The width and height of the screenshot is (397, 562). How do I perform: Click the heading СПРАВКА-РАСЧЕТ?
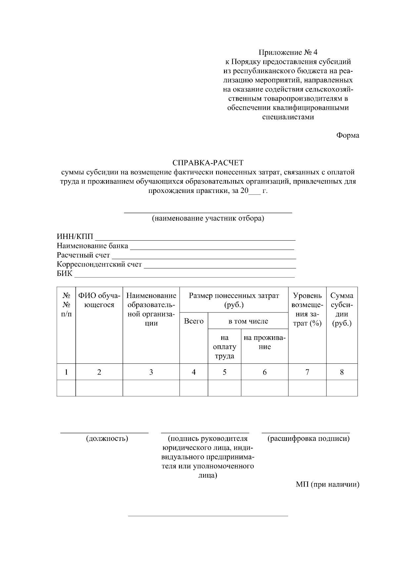(x=208, y=163)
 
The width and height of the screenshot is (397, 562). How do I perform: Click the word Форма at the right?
(x=347, y=135)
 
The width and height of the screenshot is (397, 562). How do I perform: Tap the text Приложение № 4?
(x=288, y=53)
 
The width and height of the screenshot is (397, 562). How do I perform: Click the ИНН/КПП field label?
(x=75, y=237)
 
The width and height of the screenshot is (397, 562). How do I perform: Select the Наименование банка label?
(x=92, y=246)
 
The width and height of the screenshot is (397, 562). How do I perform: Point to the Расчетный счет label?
(x=83, y=255)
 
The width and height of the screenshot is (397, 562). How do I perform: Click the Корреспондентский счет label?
(x=99, y=264)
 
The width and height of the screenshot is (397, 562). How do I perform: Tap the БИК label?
(x=65, y=274)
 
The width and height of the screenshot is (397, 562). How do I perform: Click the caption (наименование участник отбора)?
(x=208, y=218)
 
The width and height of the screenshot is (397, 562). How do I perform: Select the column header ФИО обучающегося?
(x=99, y=300)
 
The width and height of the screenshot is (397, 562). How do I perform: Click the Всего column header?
(x=194, y=321)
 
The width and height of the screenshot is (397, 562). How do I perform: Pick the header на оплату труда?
(x=224, y=347)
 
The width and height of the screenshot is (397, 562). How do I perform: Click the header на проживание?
(x=264, y=342)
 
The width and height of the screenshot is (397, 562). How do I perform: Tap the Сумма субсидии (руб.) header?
(x=342, y=309)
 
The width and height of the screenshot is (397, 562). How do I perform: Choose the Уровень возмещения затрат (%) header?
(x=307, y=309)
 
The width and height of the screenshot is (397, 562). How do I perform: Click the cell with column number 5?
(x=224, y=372)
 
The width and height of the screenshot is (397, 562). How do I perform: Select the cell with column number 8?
(x=342, y=372)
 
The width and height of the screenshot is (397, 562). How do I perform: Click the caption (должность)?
(x=107, y=439)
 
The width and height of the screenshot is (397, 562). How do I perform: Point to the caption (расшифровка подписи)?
(x=308, y=439)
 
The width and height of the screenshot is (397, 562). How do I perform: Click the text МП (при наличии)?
(x=327, y=485)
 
